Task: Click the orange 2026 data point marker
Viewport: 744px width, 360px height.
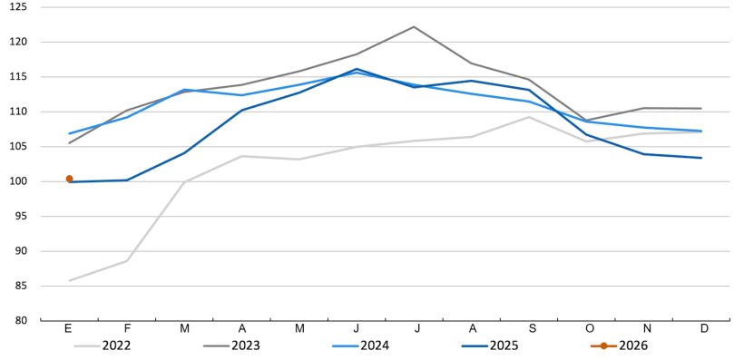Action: click(x=69, y=179)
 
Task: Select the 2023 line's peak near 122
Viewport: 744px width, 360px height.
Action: click(x=414, y=26)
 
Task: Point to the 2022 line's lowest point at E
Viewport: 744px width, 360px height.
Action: click(x=69, y=280)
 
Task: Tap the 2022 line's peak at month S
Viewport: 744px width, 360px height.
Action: click(x=529, y=117)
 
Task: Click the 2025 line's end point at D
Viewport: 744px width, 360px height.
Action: click(x=700, y=158)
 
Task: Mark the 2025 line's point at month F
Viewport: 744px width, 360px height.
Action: click(x=127, y=180)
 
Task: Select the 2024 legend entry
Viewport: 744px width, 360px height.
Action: click(x=359, y=345)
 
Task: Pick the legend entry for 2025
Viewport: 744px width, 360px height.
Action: click(x=487, y=345)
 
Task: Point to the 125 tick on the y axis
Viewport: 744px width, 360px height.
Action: click(x=20, y=7)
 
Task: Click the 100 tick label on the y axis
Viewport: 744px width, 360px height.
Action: click(x=20, y=181)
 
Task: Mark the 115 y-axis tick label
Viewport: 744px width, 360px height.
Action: click(x=20, y=77)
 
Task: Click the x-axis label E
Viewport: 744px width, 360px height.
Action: click(x=69, y=328)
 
